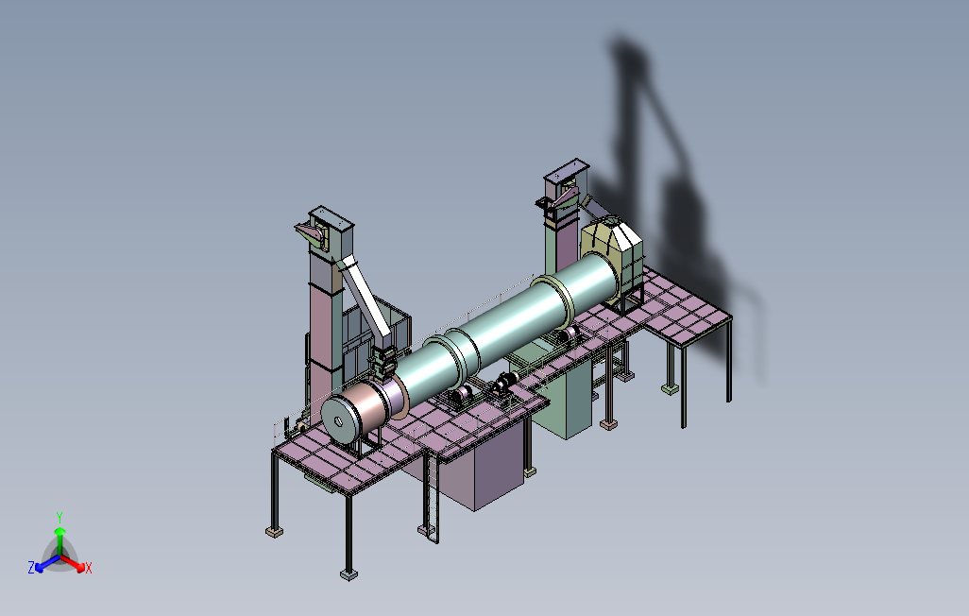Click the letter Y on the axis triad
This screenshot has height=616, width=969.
(59, 517)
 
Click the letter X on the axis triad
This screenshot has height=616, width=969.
(89, 568)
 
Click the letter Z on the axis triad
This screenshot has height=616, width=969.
(31, 567)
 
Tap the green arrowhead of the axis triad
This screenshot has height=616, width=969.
(59, 531)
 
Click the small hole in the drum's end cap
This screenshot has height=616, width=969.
(338, 421)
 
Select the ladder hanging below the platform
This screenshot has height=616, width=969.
(431, 500)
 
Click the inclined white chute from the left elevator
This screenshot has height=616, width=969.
(367, 299)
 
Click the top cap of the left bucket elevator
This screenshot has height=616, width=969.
(331, 217)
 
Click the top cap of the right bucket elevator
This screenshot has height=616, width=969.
(566, 167)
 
